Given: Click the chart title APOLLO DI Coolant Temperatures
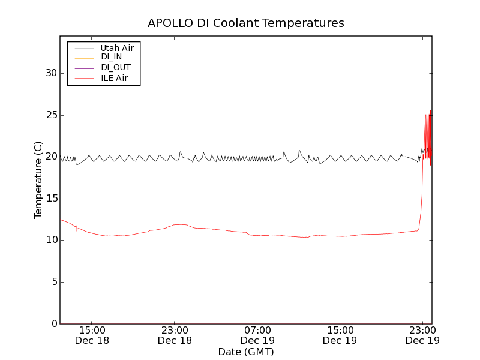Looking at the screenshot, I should click(246, 23).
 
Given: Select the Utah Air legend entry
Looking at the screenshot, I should click(117, 47).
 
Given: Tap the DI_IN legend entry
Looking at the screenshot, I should click(111, 57).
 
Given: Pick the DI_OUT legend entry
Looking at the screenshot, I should click(115, 68).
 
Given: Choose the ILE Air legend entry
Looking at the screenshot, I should click(114, 78).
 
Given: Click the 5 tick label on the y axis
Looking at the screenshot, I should click(53, 282).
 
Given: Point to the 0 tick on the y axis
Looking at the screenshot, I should click(53, 324).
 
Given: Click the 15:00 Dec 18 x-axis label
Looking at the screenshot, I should click(92, 335).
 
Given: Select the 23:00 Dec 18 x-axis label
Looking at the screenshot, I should click(175, 335).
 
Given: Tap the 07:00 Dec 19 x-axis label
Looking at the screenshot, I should click(257, 335).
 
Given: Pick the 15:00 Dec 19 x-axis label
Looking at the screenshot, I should click(340, 335).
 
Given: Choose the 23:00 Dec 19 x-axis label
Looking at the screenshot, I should click(422, 335).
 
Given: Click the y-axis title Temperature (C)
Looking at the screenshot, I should click(38, 180).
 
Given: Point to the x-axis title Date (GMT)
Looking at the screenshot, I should click(246, 352).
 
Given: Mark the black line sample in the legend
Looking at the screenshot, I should click(83, 47).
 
